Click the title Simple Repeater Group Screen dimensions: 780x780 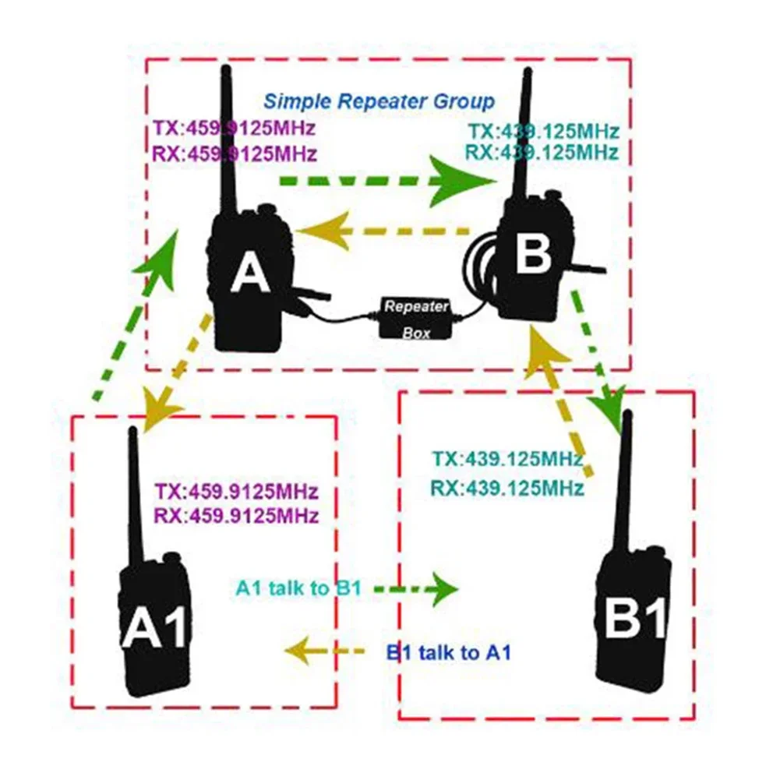[x=378, y=101]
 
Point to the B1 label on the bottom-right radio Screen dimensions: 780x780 [x=636, y=618]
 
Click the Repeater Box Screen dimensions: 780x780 [x=415, y=318]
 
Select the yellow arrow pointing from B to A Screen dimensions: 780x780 [x=382, y=231]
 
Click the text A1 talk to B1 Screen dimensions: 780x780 [x=298, y=588]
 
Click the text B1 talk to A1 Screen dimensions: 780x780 [x=449, y=652]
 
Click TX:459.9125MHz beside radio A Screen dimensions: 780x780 [x=235, y=127]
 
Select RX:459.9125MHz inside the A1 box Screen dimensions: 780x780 [x=236, y=515]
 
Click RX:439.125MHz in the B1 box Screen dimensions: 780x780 [x=506, y=489]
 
